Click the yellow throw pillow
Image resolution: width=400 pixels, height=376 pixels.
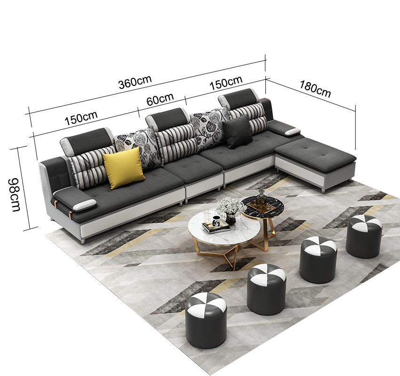(x=124, y=168)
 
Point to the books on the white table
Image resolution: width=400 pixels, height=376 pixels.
(x=216, y=227)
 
